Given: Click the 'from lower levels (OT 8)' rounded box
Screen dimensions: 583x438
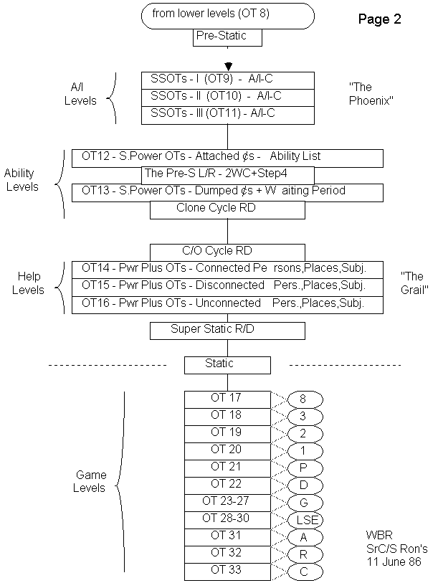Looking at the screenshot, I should pos(228,15).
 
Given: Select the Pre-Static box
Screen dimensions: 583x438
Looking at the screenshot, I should pos(227,37).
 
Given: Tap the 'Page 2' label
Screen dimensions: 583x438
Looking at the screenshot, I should pos(379,19).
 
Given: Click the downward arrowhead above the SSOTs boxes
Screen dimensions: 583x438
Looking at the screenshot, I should pos(228,66).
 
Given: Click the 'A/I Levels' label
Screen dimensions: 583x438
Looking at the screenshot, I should pos(80,94).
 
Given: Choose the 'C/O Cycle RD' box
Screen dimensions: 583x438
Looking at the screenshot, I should pos(227,252).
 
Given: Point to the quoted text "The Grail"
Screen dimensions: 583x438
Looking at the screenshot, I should pos(411,283).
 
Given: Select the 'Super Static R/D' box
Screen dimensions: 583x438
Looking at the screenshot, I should pos(227,331).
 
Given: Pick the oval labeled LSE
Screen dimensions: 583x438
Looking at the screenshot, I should pos(306,520).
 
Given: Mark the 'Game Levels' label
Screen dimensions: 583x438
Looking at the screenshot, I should pos(90,481).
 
